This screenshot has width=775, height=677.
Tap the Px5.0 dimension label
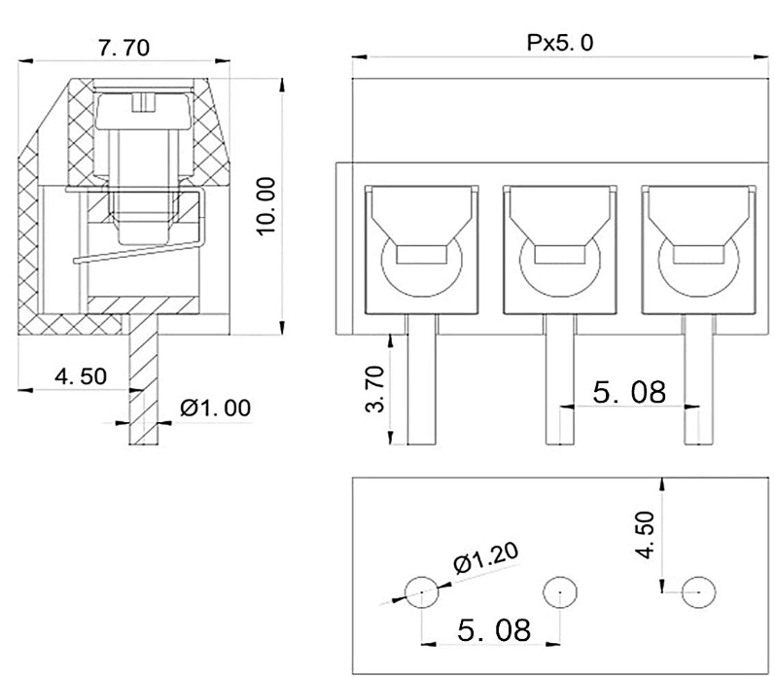(x=560, y=45)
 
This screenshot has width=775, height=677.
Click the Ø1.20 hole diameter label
(x=486, y=559)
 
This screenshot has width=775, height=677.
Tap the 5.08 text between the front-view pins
(x=628, y=392)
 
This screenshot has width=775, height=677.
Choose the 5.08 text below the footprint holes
(x=494, y=630)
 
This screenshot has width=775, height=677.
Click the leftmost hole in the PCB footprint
(x=421, y=590)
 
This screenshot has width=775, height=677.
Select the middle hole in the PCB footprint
(x=560, y=590)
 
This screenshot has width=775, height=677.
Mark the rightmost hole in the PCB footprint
(x=698, y=590)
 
